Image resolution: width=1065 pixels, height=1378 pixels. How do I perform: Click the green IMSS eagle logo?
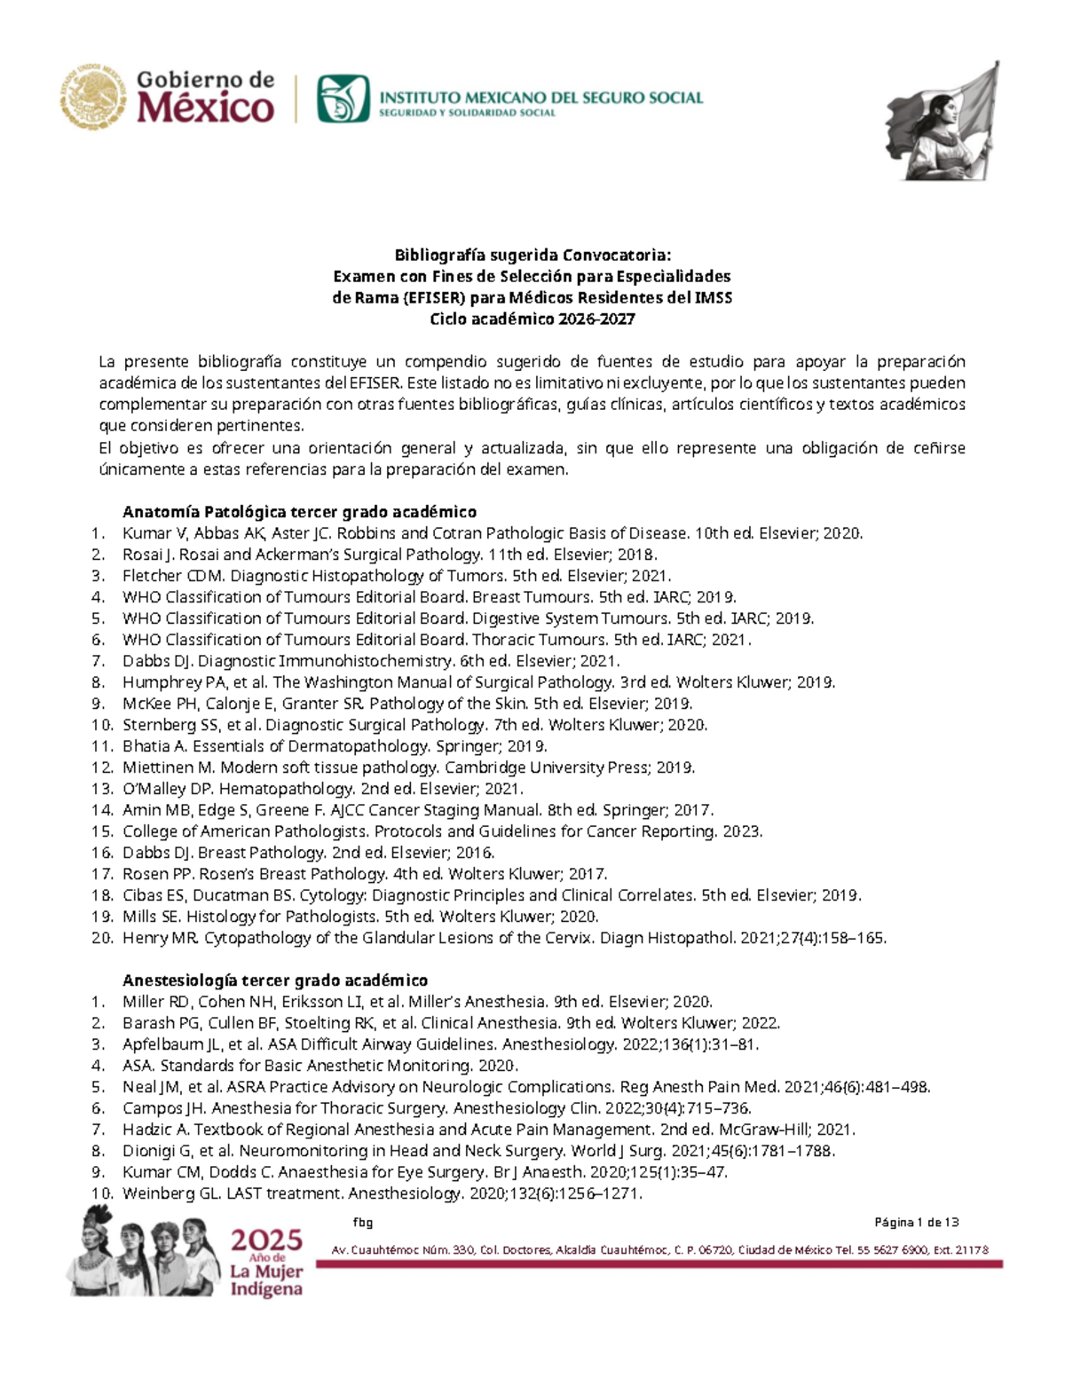tap(343, 98)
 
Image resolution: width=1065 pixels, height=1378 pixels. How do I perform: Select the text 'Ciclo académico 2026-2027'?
tap(532, 319)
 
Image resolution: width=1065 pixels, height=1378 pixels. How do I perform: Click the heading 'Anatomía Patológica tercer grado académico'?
tap(299, 512)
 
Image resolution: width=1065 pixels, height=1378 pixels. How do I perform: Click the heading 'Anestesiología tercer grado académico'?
tap(275, 980)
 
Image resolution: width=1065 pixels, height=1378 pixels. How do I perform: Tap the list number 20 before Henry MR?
tap(102, 938)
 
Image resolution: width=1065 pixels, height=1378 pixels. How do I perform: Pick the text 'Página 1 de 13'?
tap(916, 1223)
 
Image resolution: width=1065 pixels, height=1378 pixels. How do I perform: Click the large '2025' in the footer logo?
tap(267, 1240)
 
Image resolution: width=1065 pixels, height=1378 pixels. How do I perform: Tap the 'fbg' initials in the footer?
tap(362, 1223)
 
